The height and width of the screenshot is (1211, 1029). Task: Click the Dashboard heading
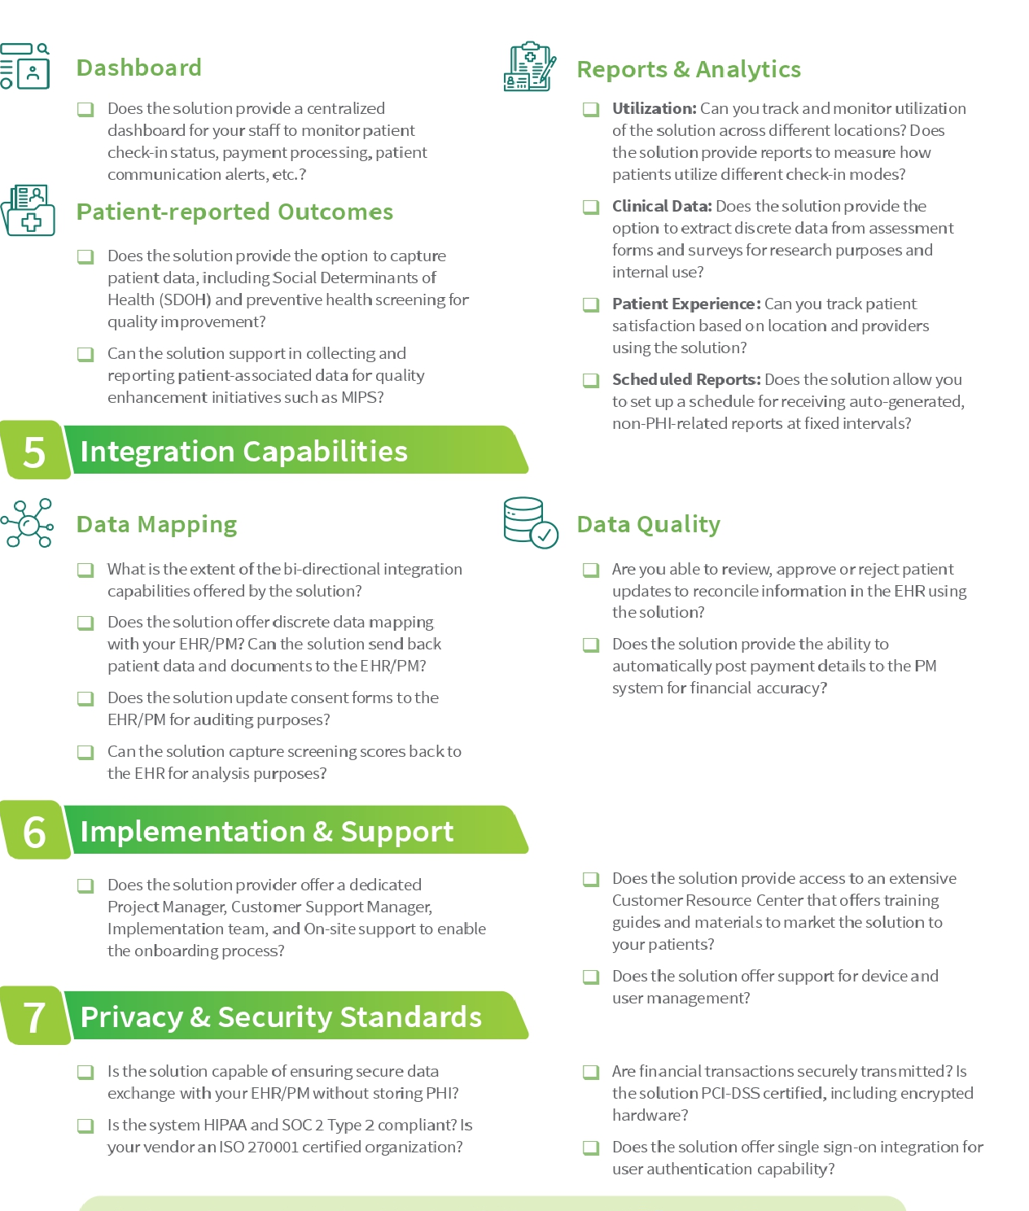tap(138, 68)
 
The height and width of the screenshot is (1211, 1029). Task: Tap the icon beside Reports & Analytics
tap(529, 67)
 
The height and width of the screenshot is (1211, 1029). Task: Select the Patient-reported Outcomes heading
tap(234, 212)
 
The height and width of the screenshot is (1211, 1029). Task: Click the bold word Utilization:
tap(654, 108)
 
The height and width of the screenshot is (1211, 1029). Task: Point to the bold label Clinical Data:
tap(661, 206)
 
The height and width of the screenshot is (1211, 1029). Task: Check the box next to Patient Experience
tap(591, 304)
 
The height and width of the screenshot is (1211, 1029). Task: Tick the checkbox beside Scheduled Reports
tap(591, 380)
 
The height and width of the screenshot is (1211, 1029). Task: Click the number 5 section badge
tap(34, 451)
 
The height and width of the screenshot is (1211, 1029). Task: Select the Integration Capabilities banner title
tap(243, 451)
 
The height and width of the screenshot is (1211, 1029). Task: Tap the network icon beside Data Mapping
tap(28, 523)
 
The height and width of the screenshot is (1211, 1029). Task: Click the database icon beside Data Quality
tap(530, 522)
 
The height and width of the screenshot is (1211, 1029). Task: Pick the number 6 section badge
tap(34, 831)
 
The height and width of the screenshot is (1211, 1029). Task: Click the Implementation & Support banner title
tap(267, 831)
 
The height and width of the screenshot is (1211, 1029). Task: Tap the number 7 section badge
tap(34, 1016)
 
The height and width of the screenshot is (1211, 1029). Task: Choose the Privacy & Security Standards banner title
tap(281, 1016)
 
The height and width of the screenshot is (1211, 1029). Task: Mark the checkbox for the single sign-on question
tap(591, 1148)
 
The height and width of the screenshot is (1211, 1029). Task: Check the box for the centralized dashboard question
tap(85, 109)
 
